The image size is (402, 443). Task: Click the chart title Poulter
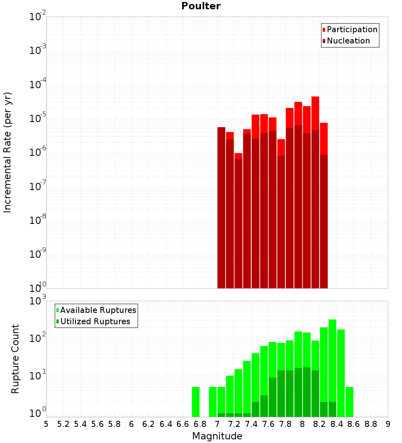pos(201,6)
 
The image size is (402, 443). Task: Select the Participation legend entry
pos(350,29)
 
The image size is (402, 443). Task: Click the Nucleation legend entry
pos(346,41)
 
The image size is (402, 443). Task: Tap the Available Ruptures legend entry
pos(96,310)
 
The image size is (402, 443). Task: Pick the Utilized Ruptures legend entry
pos(93,321)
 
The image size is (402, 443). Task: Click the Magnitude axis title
pos(217,436)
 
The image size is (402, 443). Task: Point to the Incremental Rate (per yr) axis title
pos(7,152)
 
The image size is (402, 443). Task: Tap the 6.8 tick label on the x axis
pos(200,424)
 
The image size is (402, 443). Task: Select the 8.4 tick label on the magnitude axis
pos(336,424)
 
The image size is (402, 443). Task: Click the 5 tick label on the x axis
pos(46,424)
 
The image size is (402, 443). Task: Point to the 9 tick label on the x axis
pos(388,424)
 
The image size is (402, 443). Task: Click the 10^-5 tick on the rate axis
pos(38,118)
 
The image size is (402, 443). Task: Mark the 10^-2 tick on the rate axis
pos(38,16)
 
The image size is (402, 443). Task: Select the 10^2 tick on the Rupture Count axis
pos(38,337)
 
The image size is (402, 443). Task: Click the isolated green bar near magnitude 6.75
pos(196,402)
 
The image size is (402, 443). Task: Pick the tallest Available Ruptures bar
pos(332,368)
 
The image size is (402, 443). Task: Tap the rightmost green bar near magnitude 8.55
pos(349,402)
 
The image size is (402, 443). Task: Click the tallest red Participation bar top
pos(316,97)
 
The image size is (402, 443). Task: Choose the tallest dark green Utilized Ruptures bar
pos(307,392)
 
